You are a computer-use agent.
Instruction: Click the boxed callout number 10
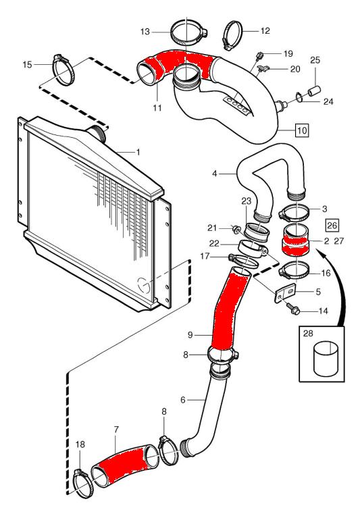(x=302, y=130)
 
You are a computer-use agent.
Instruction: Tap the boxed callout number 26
(x=332, y=225)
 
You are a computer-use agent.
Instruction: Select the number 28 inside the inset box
(x=308, y=334)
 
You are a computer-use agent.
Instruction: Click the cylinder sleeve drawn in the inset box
(x=326, y=359)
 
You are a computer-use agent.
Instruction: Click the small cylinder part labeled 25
(x=315, y=91)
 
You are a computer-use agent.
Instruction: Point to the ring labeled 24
(x=300, y=97)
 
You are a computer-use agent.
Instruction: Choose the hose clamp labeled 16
(x=294, y=271)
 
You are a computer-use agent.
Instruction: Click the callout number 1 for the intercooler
(x=138, y=152)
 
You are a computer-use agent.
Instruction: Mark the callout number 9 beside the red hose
(x=190, y=335)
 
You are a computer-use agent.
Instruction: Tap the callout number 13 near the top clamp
(x=145, y=32)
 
